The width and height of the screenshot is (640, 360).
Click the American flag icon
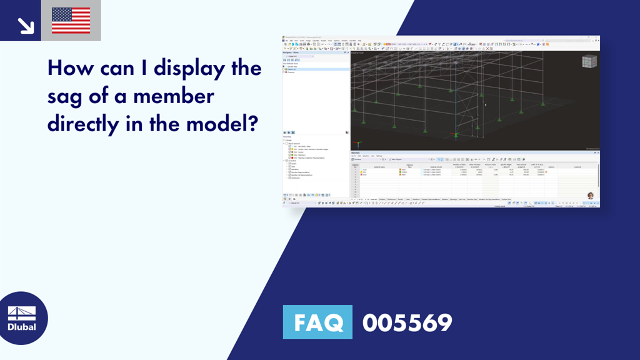pyautogui.click(x=71, y=21)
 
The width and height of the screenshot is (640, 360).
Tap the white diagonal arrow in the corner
pyautogui.click(x=26, y=25)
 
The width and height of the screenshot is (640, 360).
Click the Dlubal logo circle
pyautogui.click(x=24, y=318)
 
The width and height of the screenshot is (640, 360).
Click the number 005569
pyautogui.click(x=407, y=322)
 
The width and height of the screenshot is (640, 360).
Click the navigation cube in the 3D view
pyautogui.click(x=589, y=62)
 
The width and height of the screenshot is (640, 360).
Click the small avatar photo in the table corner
pyautogui.click(x=590, y=196)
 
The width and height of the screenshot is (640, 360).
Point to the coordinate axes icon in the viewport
pyautogui.click(x=456, y=134)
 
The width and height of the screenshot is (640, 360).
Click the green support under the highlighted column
pyautogui.click(x=456, y=134)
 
